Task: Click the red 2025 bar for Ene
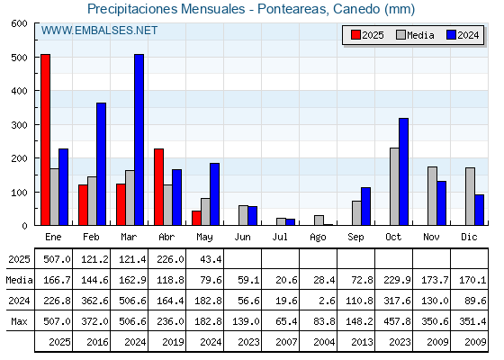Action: [x=45, y=139]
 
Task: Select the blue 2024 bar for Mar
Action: [x=139, y=139]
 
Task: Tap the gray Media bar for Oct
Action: [x=394, y=186]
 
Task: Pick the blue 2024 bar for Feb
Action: [x=101, y=164]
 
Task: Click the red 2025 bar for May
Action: [x=196, y=218]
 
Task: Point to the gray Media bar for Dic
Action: [x=470, y=196]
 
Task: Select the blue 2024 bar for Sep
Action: [x=365, y=206]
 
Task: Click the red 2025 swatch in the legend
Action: [x=355, y=35]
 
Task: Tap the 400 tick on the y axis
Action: [x=36, y=91]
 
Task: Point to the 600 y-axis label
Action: [x=19, y=23]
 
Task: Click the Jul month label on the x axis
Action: [x=280, y=238]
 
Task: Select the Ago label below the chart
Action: [x=318, y=238]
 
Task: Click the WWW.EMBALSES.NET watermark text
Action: [x=99, y=31]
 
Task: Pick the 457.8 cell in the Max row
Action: [x=397, y=321]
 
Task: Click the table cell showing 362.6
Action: [x=94, y=301]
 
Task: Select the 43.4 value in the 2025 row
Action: [x=211, y=259]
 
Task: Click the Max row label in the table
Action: [x=19, y=321]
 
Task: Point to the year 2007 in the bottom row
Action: [x=286, y=342]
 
